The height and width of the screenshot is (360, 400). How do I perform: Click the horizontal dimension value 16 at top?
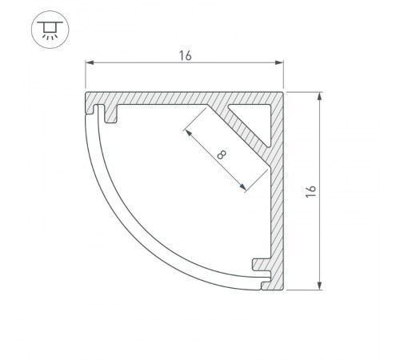(185, 56)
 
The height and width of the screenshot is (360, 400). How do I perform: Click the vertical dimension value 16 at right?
(311, 191)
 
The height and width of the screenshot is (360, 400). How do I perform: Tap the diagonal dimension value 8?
(222, 154)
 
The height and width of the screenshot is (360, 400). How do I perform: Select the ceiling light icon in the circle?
(50, 30)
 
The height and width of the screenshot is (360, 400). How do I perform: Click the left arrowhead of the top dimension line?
(90, 62)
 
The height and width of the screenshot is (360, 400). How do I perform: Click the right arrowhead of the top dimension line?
(279, 62)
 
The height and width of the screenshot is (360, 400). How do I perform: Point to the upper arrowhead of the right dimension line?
(320, 96)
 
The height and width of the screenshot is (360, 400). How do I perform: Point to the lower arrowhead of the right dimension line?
(320, 286)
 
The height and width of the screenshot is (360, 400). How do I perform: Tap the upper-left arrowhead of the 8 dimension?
(189, 133)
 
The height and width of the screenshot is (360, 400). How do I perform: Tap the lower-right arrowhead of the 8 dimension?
(243, 187)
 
